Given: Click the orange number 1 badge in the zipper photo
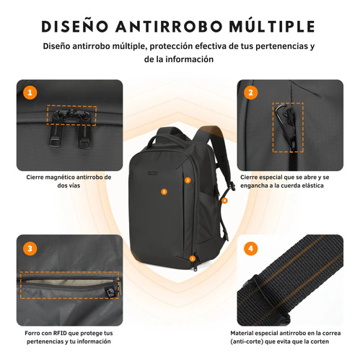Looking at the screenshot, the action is [x=30, y=92].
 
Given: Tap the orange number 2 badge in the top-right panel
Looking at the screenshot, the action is [x=250, y=92].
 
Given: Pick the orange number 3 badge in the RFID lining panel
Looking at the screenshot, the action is [x=30, y=248].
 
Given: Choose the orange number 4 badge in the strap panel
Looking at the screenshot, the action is [x=250, y=248].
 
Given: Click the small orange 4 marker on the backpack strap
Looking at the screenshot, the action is [x=224, y=201].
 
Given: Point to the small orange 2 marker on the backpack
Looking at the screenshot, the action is [x=188, y=180].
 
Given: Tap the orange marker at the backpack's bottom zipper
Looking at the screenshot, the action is [x=193, y=258].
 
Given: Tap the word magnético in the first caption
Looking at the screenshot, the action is [x=56, y=178].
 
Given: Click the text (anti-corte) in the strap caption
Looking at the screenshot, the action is [x=247, y=342].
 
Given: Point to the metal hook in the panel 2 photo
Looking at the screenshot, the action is [x=280, y=112].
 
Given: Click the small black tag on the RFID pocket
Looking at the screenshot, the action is [x=110, y=292].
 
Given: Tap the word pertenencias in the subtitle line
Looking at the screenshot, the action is [x=280, y=46].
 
